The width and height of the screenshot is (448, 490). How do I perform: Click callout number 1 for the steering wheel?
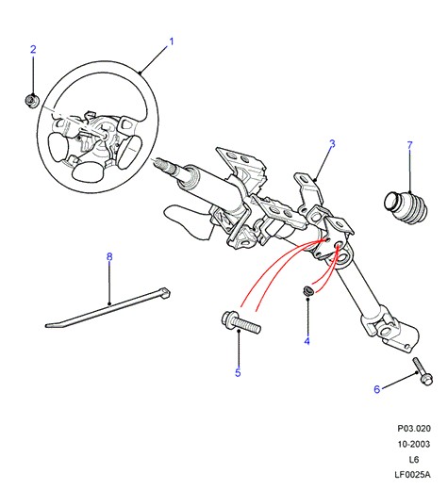(172, 41)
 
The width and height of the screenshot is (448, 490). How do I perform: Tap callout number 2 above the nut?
(33, 49)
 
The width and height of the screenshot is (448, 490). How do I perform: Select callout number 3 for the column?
(332, 144)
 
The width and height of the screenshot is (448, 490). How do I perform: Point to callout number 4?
(307, 341)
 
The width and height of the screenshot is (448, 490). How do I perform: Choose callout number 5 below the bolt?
(238, 372)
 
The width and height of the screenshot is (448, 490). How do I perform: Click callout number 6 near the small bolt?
(377, 389)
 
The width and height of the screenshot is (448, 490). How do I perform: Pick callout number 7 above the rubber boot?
(409, 145)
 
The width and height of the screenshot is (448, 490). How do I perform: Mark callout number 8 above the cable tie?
(109, 257)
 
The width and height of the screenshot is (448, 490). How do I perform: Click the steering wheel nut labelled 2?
(32, 101)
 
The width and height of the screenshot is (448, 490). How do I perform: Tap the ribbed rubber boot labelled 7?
(406, 207)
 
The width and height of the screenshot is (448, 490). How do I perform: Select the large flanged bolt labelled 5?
(241, 322)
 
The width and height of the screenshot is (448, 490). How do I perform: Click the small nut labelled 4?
(307, 290)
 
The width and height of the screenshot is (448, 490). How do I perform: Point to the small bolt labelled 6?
(423, 371)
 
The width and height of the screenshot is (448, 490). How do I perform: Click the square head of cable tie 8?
(165, 293)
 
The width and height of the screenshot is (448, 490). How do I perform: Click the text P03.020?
(414, 429)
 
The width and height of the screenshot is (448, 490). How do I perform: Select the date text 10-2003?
(414, 444)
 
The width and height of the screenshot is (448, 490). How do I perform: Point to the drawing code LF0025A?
(412, 474)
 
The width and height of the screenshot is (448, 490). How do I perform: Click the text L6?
(414, 460)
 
